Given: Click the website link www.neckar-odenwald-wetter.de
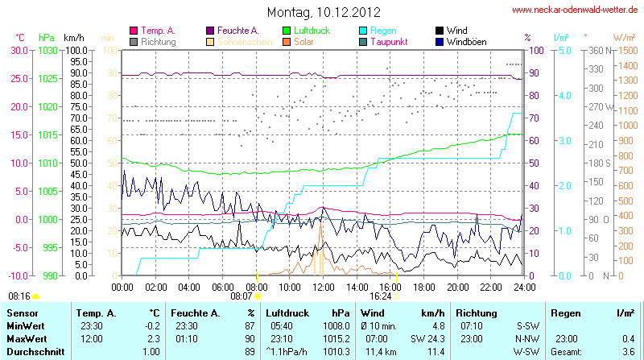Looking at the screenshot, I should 575,10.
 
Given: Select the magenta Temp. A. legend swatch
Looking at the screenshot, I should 134,31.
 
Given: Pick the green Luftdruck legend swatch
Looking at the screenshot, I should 287,31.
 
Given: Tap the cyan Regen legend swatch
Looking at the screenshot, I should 364,31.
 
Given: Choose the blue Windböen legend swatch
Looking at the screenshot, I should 440,41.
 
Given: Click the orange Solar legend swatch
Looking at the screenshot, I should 287,41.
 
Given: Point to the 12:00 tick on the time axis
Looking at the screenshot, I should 324,286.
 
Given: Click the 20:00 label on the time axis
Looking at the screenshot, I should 457,286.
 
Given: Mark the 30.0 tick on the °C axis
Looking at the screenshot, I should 18,50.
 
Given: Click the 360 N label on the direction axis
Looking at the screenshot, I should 597,50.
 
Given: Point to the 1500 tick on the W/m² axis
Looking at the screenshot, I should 625,50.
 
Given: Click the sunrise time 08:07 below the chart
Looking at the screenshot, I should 242,296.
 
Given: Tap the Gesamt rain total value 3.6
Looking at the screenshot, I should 629,352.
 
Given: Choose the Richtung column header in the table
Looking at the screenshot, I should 477,312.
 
